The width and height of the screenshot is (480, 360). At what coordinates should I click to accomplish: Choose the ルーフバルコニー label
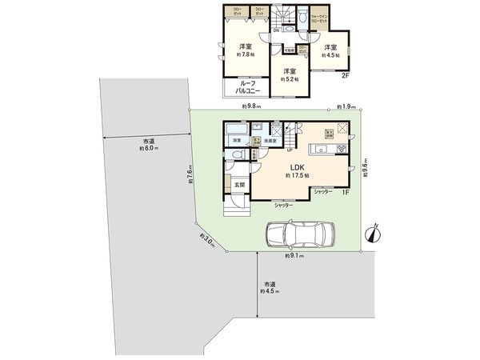tap(244, 88)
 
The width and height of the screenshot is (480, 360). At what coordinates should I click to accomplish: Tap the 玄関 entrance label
tap(238, 185)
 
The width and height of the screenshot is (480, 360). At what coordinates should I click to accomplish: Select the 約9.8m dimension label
tap(254, 106)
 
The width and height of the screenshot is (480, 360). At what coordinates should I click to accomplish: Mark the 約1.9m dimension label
tap(346, 106)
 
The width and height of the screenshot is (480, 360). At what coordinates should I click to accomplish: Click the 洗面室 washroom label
tap(270, 141)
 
